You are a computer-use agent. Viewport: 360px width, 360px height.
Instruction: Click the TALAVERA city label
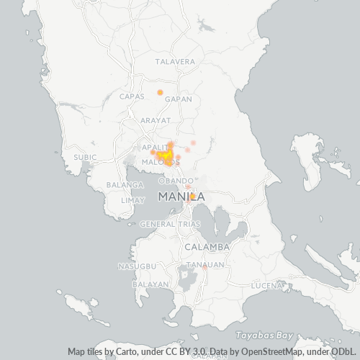click(174, 62)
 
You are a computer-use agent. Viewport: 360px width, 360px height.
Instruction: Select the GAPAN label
click(178, 96)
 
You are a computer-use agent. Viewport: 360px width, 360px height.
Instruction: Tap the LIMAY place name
click(133, 200)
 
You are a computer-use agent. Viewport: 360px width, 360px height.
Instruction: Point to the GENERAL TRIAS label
click(170, 225)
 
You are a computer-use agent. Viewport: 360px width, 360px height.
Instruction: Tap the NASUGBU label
click(137, 266)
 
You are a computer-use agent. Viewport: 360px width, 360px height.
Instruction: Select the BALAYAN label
click(150, 284)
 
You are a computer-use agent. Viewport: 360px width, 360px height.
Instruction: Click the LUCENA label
click(266, 286)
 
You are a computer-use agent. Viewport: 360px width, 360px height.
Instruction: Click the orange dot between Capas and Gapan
click(160, 92)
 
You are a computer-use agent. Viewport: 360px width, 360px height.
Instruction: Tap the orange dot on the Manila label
click(192, 196)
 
